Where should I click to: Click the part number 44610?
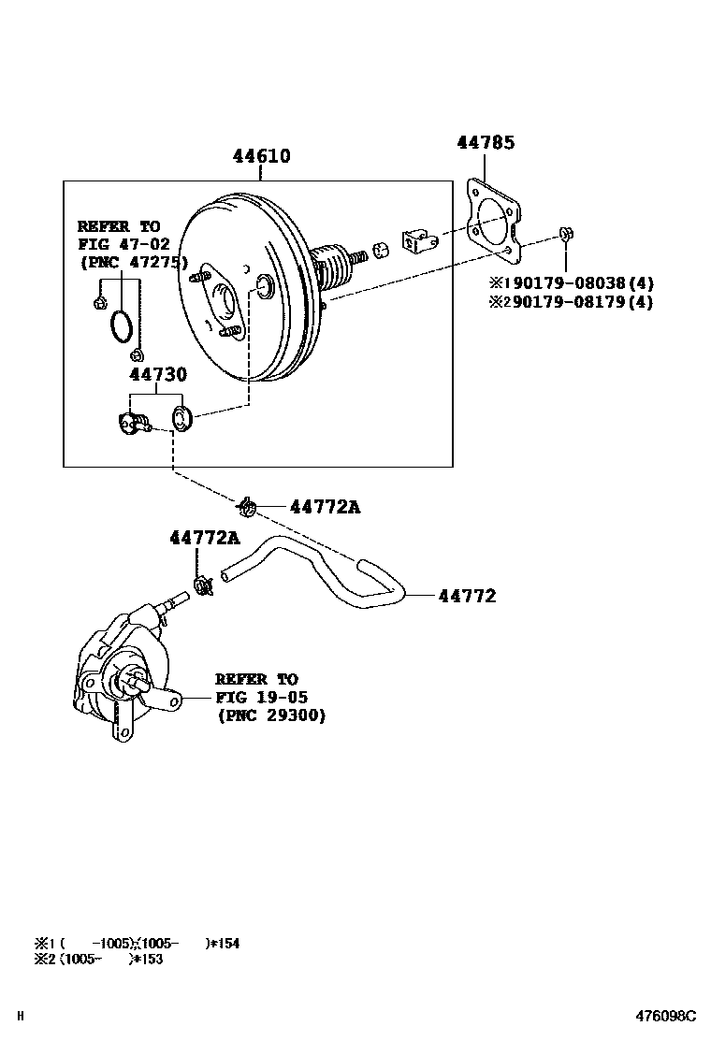coord(261,156)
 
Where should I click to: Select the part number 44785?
coord(486,143)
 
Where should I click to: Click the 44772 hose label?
coord(467,596)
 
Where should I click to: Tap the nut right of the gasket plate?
coord(566,233)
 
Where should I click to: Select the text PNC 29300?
coord(271,715)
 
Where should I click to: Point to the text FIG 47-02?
coord(118,244)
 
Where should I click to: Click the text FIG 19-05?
coord(261,698)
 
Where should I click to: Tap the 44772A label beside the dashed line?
coord(325,507)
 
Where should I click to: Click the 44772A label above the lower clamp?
coord(204,538)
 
